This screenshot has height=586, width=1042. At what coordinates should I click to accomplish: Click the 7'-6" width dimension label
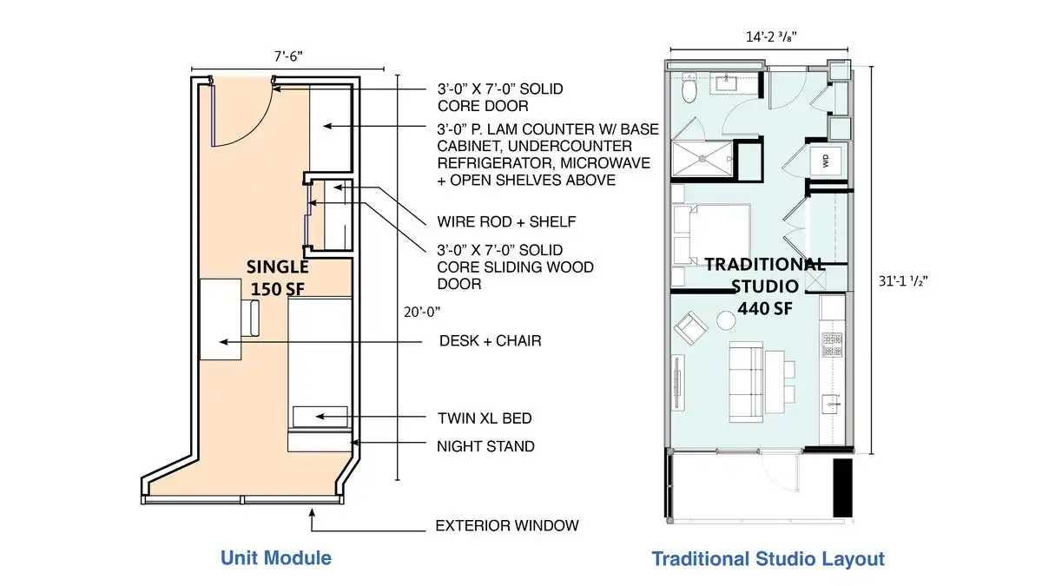click(288, 56)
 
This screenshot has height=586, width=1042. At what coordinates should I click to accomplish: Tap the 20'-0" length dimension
click(422, 312)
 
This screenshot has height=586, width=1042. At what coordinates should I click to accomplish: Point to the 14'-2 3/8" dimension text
click(771, 36)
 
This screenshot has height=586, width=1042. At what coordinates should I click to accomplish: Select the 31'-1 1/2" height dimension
click(903, 281)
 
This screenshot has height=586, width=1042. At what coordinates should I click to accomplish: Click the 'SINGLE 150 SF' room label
click(277, 278)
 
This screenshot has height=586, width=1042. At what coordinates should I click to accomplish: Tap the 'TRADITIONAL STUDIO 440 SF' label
click(765, 286)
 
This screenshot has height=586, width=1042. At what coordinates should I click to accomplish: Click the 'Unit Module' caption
click(276, 557)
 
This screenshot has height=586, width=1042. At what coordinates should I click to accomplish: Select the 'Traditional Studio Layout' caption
click(768, 558)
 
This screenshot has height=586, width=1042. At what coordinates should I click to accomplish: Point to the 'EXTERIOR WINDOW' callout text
click(507, 525)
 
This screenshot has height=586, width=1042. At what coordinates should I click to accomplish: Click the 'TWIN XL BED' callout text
click(485, 418)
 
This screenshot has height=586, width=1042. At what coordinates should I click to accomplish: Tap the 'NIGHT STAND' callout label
click(485, 446)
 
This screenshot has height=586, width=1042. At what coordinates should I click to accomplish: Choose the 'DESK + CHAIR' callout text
click(491, 341)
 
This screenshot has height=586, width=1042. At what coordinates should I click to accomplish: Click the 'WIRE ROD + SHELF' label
click(506, 222)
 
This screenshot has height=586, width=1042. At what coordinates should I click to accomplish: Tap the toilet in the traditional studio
click(689, 88)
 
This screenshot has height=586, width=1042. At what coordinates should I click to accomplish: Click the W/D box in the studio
click(825, 161)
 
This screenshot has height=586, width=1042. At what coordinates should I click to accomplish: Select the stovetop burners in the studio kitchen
click(832, 345)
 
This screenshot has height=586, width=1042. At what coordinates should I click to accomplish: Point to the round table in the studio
click(726, 320)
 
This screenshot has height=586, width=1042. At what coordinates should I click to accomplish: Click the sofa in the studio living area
click(746, 382)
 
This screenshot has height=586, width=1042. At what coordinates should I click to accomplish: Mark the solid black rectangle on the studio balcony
click(842, 488)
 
